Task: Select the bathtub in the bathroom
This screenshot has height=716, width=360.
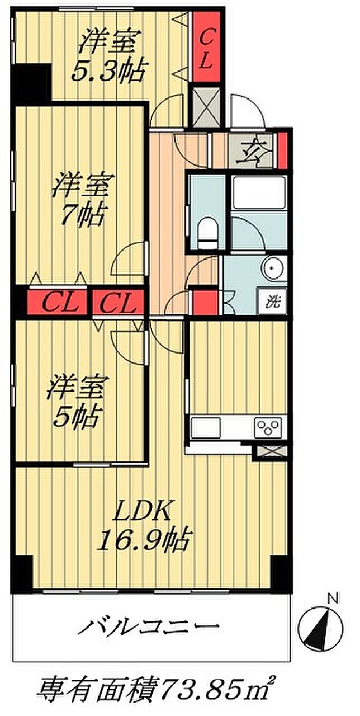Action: (x=259, y=191)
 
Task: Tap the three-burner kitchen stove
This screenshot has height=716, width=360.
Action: (x=268, y=428)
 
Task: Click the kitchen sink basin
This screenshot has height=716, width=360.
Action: (x=206, y=428)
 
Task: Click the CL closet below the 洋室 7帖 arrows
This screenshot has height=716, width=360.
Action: (x=58, y=303)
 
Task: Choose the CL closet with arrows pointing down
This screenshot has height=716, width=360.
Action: (x=118, y=303)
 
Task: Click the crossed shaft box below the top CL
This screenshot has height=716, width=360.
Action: (x=206, y=106)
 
